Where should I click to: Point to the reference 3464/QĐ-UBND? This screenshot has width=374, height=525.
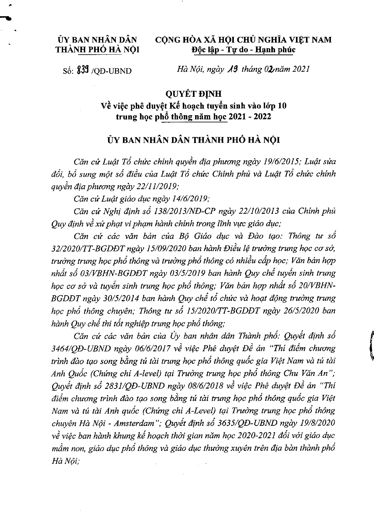click(x=80, y=348)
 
